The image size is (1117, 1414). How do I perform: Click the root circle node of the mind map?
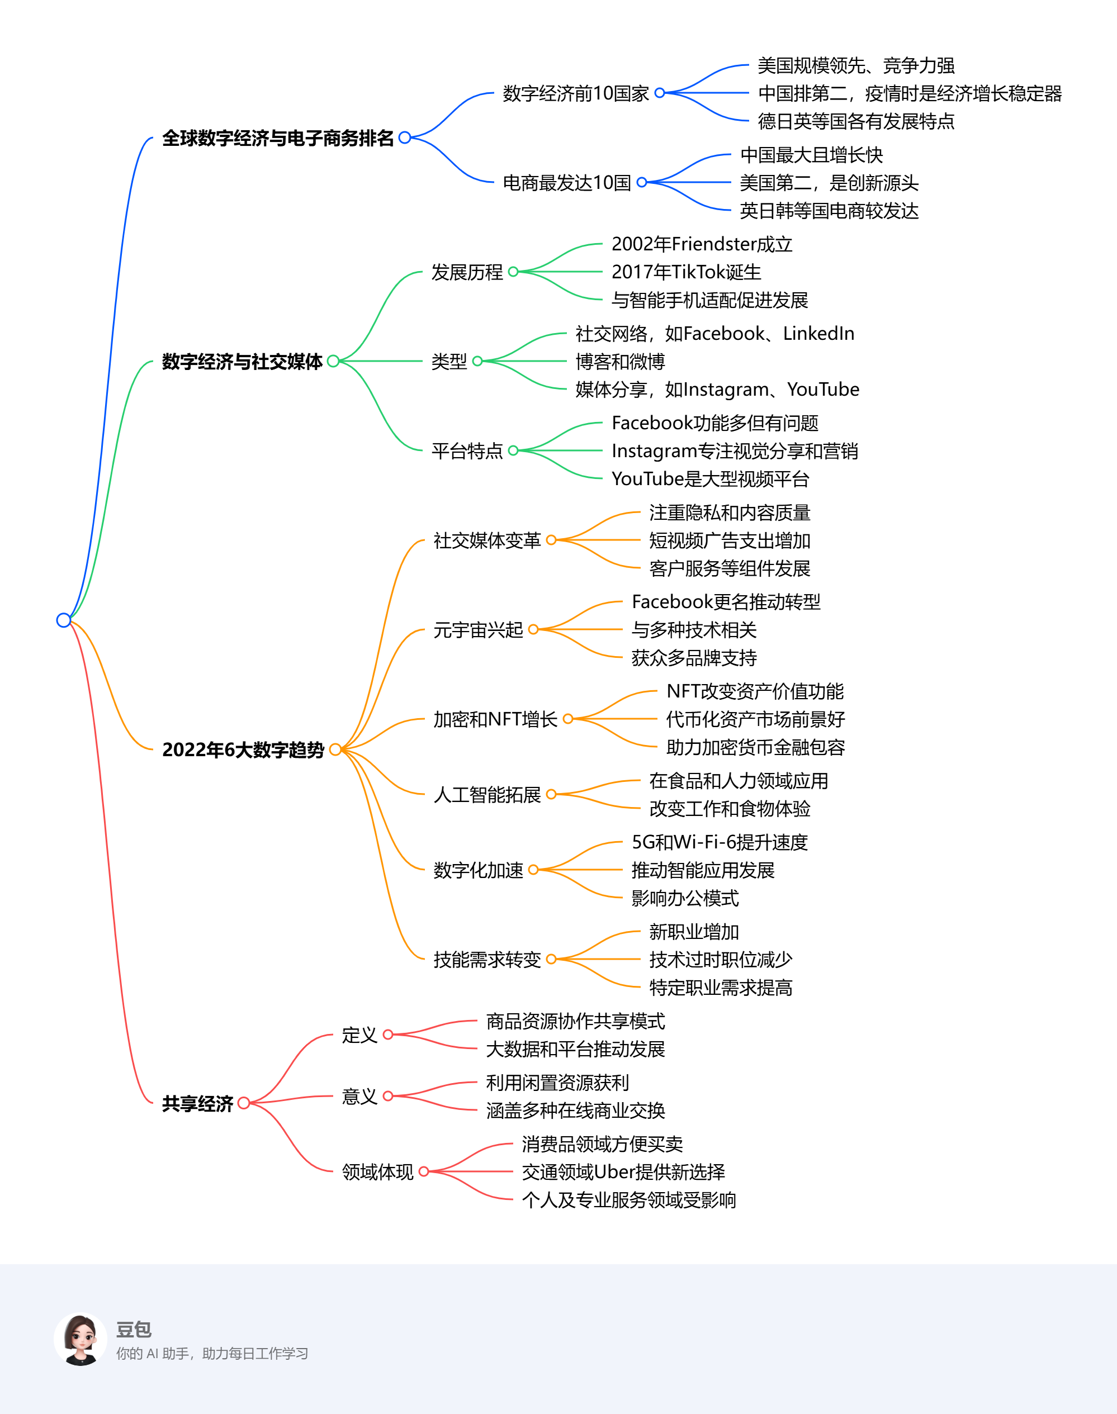(63, 620)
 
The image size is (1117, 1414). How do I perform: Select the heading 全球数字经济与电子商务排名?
(278, 138)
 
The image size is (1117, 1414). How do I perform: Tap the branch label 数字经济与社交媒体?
(242, 362)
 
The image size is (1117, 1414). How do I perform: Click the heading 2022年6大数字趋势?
(243, 750)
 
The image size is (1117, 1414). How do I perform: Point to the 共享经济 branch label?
(197, 1103)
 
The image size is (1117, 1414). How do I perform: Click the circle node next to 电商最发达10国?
(642, 182)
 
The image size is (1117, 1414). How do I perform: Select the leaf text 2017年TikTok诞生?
(686, 272)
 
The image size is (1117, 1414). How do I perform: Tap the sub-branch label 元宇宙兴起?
(478, 630)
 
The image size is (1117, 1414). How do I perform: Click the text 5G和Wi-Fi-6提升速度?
(720, 842)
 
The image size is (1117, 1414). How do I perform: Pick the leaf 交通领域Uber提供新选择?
(623, 1172)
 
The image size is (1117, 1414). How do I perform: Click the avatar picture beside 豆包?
(81, 1340)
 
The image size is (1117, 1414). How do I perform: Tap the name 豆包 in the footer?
(134, 1329)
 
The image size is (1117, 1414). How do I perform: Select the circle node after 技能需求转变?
(551, 959)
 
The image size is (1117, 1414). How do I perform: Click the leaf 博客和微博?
(620, 362)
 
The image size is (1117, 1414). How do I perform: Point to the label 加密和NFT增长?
(495, 719)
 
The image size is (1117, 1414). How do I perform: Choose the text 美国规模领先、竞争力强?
(855, 65)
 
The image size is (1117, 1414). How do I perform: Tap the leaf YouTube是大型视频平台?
(710, 479)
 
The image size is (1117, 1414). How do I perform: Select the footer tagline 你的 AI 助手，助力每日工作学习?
(212, 1353)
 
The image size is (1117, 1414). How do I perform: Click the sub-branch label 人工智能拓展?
(487, 795)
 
